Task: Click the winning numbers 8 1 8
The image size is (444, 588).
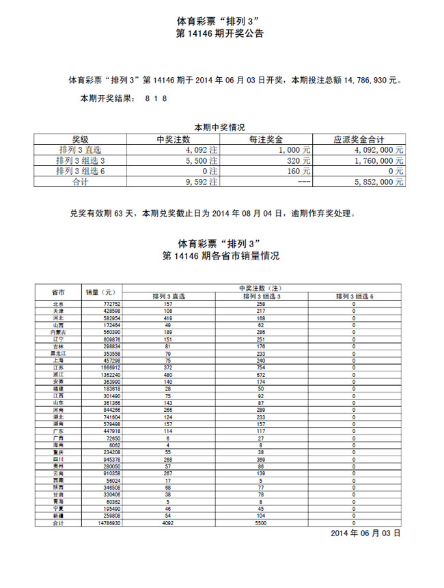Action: coord(156,99)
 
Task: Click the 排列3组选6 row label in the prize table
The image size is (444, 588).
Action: coord(81,171)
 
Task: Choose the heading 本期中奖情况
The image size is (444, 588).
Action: coord(220,128)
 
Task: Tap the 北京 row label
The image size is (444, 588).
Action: coord(58,304)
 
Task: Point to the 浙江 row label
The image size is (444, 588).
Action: coord(58,374)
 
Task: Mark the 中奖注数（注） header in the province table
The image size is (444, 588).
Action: coord(262,288)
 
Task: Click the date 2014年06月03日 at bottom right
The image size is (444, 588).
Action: coord(365,532)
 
